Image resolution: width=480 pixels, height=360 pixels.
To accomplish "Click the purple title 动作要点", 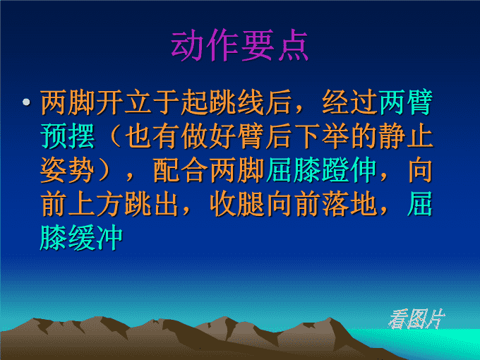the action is coord(239,45).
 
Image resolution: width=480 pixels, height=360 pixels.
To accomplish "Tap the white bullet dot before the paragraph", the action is coord(26,102).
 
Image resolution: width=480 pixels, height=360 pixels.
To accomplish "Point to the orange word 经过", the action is coord(349,102).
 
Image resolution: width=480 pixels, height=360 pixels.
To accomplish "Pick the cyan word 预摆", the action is coord(67,136).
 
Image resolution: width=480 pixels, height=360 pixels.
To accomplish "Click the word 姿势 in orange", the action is coord(67,170).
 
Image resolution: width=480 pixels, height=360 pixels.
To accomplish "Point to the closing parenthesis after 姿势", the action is coord(104,170).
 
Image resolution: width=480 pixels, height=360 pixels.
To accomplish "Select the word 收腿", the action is coord(237,204).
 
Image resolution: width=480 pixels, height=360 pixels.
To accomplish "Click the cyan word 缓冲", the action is coord(95,238).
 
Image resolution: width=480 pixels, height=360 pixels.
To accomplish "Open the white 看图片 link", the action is coord(416,319).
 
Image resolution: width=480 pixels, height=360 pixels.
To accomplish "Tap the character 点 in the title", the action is coord(293,45).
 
